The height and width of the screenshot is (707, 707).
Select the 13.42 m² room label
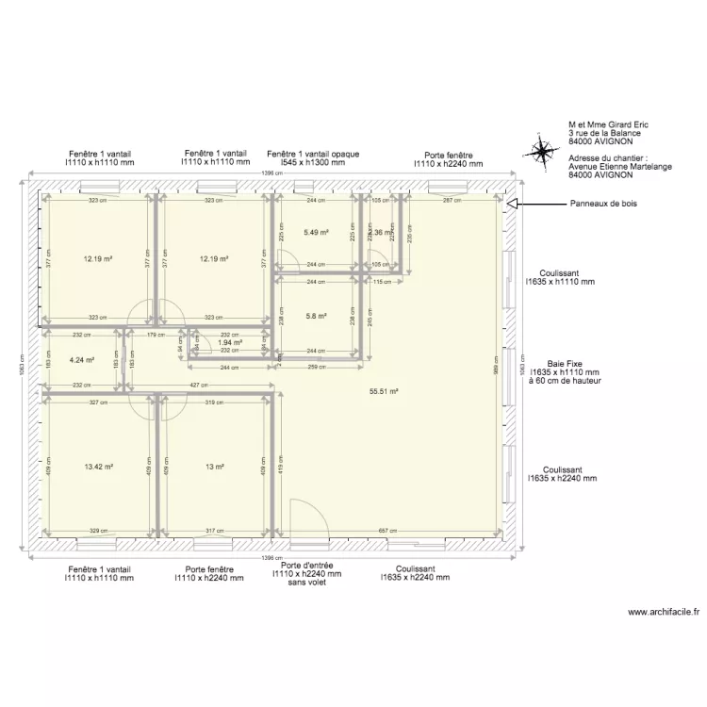pyautogui.click(x=98, y=467)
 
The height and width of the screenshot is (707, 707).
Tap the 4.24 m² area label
pyautogui.click(x=82, y=359)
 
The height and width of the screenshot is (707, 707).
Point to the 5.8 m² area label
pyautogui.click(x=316, y=316)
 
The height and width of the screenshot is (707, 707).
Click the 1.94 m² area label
pyautogui.click(x=230, y=342)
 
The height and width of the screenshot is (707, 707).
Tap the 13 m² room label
pyautogui.click(x=214, y=467)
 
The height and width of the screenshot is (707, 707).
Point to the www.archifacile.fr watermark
pyautogui.click(x=664, y=612)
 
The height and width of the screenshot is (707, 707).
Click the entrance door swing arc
pyautogui.click(x=306, y=523)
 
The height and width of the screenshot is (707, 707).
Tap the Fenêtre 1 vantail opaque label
pyautogui.click(x=312, y=154)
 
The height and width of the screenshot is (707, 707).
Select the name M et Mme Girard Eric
pyautogui.click(x=608, y=124)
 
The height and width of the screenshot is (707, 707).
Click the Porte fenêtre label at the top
pyautogui.click(x=448, y=155)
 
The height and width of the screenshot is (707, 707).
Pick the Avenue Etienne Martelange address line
pyautogui.click(x=619, y=167)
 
